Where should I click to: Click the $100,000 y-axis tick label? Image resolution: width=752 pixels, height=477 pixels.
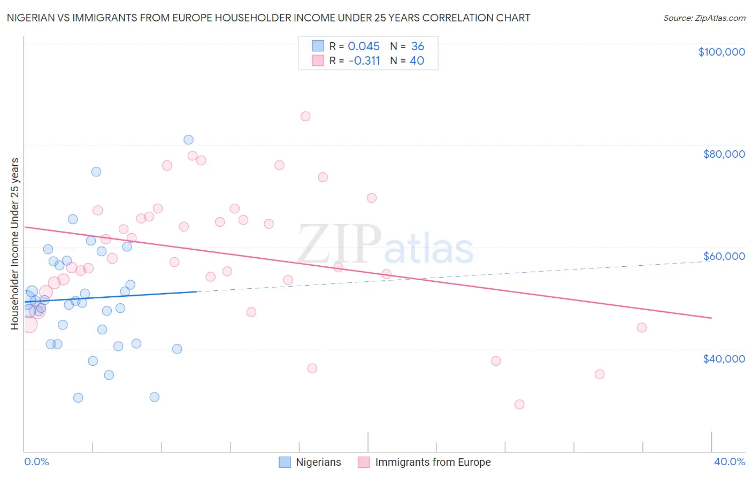721,52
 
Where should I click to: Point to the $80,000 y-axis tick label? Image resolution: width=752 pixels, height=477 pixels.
724,154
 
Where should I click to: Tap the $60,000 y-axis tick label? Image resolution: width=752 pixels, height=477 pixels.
724,256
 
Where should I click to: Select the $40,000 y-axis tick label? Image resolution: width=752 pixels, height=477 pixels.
724,359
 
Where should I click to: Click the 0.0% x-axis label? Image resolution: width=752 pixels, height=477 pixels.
36,461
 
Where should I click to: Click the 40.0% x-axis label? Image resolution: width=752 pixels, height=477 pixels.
729,461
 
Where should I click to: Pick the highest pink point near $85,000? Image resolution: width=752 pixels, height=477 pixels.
305,117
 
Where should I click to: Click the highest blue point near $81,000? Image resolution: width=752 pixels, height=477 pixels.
188,140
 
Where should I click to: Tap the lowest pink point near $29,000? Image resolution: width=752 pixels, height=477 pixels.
519,404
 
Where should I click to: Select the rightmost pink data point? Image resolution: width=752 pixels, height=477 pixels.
642,328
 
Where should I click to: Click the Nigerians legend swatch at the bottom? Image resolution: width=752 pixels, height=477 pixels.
285,462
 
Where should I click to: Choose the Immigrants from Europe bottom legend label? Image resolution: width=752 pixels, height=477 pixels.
433,462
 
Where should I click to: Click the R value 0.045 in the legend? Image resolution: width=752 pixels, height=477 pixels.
364,47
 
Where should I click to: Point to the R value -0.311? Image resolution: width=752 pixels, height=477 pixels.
364,61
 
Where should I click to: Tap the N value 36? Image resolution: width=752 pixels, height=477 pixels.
418,47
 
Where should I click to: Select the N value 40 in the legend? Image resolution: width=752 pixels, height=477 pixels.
417,61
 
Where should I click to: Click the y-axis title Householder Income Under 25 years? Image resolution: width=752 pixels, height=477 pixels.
15,244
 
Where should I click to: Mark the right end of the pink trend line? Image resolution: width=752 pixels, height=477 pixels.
711,318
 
